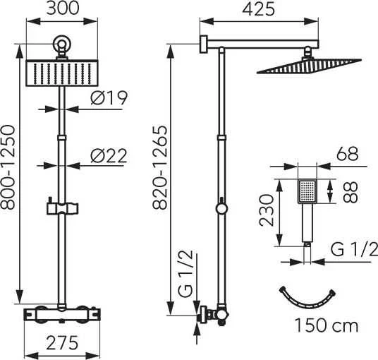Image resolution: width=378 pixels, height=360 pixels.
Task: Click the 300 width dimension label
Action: (63, 8)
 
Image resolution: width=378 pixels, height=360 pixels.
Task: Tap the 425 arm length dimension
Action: (258, 9)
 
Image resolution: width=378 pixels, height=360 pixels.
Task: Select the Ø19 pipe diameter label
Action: (109, 98)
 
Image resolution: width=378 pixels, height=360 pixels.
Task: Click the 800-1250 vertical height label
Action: (8, 167)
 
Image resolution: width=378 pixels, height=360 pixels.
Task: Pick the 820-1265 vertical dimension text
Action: (160, 167)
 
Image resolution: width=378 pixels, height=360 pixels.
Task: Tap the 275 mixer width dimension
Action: (62, 342)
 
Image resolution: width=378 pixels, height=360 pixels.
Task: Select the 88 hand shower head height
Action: (350, 192)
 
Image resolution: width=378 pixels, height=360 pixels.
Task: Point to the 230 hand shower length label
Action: (267, 210)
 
